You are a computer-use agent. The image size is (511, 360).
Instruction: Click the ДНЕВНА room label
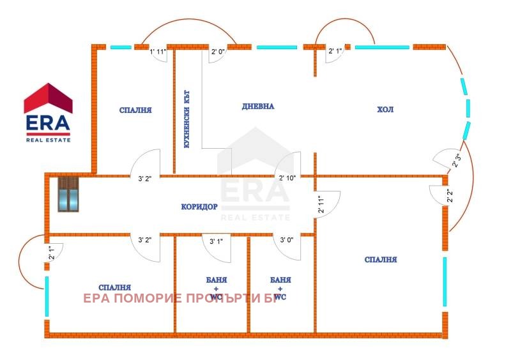point(258,107)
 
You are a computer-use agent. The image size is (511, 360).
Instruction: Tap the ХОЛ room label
point(385,110)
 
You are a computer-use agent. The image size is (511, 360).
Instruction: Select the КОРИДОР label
point(199,207)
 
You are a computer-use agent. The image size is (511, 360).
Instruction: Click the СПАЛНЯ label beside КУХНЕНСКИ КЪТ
point(135,110)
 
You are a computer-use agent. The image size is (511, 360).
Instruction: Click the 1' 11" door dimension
point(158,52)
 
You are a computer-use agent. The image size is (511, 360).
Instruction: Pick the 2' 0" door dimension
point(218,52)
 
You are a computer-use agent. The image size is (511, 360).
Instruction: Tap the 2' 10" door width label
point(286,178)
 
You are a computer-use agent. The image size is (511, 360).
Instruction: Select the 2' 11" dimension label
point(321,204)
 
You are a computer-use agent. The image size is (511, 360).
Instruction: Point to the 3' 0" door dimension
point(287,241)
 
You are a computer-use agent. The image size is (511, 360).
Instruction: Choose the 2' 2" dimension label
point(450,196)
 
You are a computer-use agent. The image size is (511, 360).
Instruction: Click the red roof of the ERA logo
point(48,97)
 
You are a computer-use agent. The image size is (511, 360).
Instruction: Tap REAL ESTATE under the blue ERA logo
point(48,139)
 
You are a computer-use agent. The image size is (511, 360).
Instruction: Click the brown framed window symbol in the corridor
point(68,194)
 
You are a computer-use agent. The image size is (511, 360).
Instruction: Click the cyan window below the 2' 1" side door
point(47,296)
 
